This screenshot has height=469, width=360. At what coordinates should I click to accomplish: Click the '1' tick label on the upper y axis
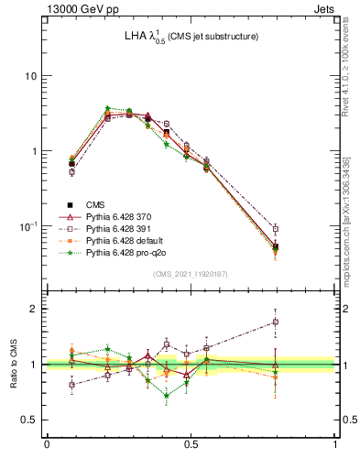pos(34,151)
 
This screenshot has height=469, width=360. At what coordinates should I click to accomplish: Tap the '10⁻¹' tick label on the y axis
pos(27,225)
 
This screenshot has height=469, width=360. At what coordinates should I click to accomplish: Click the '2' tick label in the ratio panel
pos(34,309)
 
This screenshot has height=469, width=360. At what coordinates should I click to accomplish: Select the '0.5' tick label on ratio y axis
pos(30,420)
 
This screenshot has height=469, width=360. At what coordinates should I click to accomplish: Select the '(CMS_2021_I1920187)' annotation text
pos(191,273)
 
